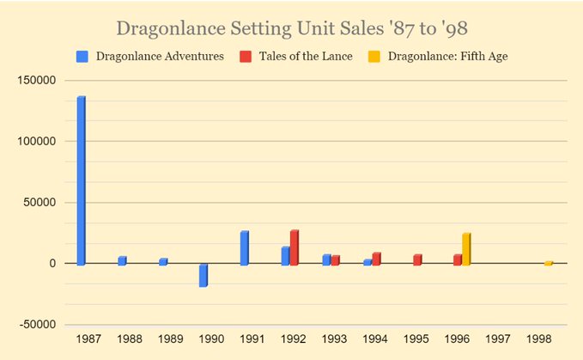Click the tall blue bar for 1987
point(81,180)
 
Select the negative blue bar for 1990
point(203,275)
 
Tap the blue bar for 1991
point(245,247)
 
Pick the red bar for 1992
point(294,247)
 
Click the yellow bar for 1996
point(466,249)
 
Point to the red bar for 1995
point(417,259)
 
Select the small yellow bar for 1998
point(548,263)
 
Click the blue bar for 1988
point(122,260)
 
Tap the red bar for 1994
point(376,259)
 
